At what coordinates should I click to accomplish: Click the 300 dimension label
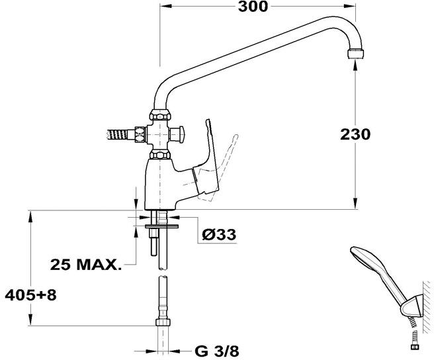click(253, 7)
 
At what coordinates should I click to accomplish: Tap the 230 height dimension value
click(355, 134)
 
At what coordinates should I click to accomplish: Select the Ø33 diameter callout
click(219, 234)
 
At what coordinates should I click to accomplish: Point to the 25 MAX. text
click(86, 265)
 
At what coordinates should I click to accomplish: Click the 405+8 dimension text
click(30, 295)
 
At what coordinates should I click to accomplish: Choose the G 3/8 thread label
click(217, 351)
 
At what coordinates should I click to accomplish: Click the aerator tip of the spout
click(356, 54)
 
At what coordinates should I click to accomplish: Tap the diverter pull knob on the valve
click(177, 134)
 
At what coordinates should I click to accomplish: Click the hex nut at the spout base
click(160, 115)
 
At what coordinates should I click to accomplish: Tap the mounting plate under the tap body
click(161, 226)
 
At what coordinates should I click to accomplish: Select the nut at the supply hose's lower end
click(163, 322)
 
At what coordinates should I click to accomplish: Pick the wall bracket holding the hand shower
click(412, 306)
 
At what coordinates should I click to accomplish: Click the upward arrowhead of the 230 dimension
click(355, 64)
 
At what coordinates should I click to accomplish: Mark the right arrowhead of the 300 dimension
click(351, 6)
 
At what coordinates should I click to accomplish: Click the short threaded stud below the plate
click(153, 242)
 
